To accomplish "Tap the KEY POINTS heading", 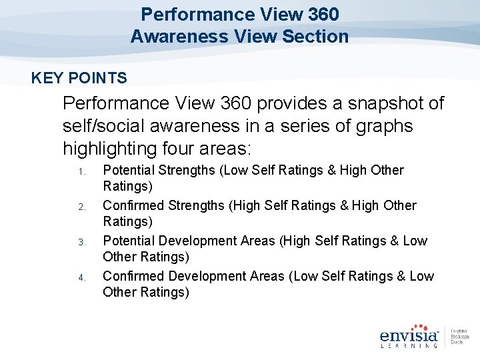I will (x=79, y=79).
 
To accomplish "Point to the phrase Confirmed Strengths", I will (x=163, y=205).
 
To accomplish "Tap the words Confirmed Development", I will (x=179, y=276).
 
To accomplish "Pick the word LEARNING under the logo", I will (x=408, y=345).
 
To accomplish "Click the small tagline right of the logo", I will (x=459, y=337).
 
